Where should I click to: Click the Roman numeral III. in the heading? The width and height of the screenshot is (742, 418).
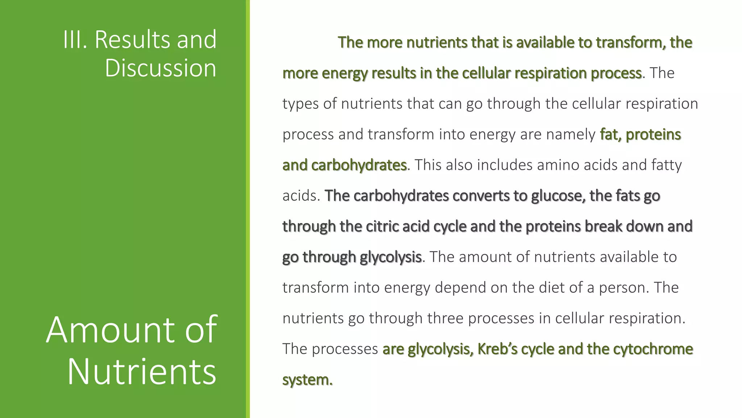click(x=75, y=40)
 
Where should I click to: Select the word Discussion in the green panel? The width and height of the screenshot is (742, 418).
click(x=161, y=68)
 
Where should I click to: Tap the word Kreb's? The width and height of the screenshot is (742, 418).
click(x=498, y=349)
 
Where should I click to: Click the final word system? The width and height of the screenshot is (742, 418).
click(x=307, y=380)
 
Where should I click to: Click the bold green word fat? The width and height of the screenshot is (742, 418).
click(x=610, y=135)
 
